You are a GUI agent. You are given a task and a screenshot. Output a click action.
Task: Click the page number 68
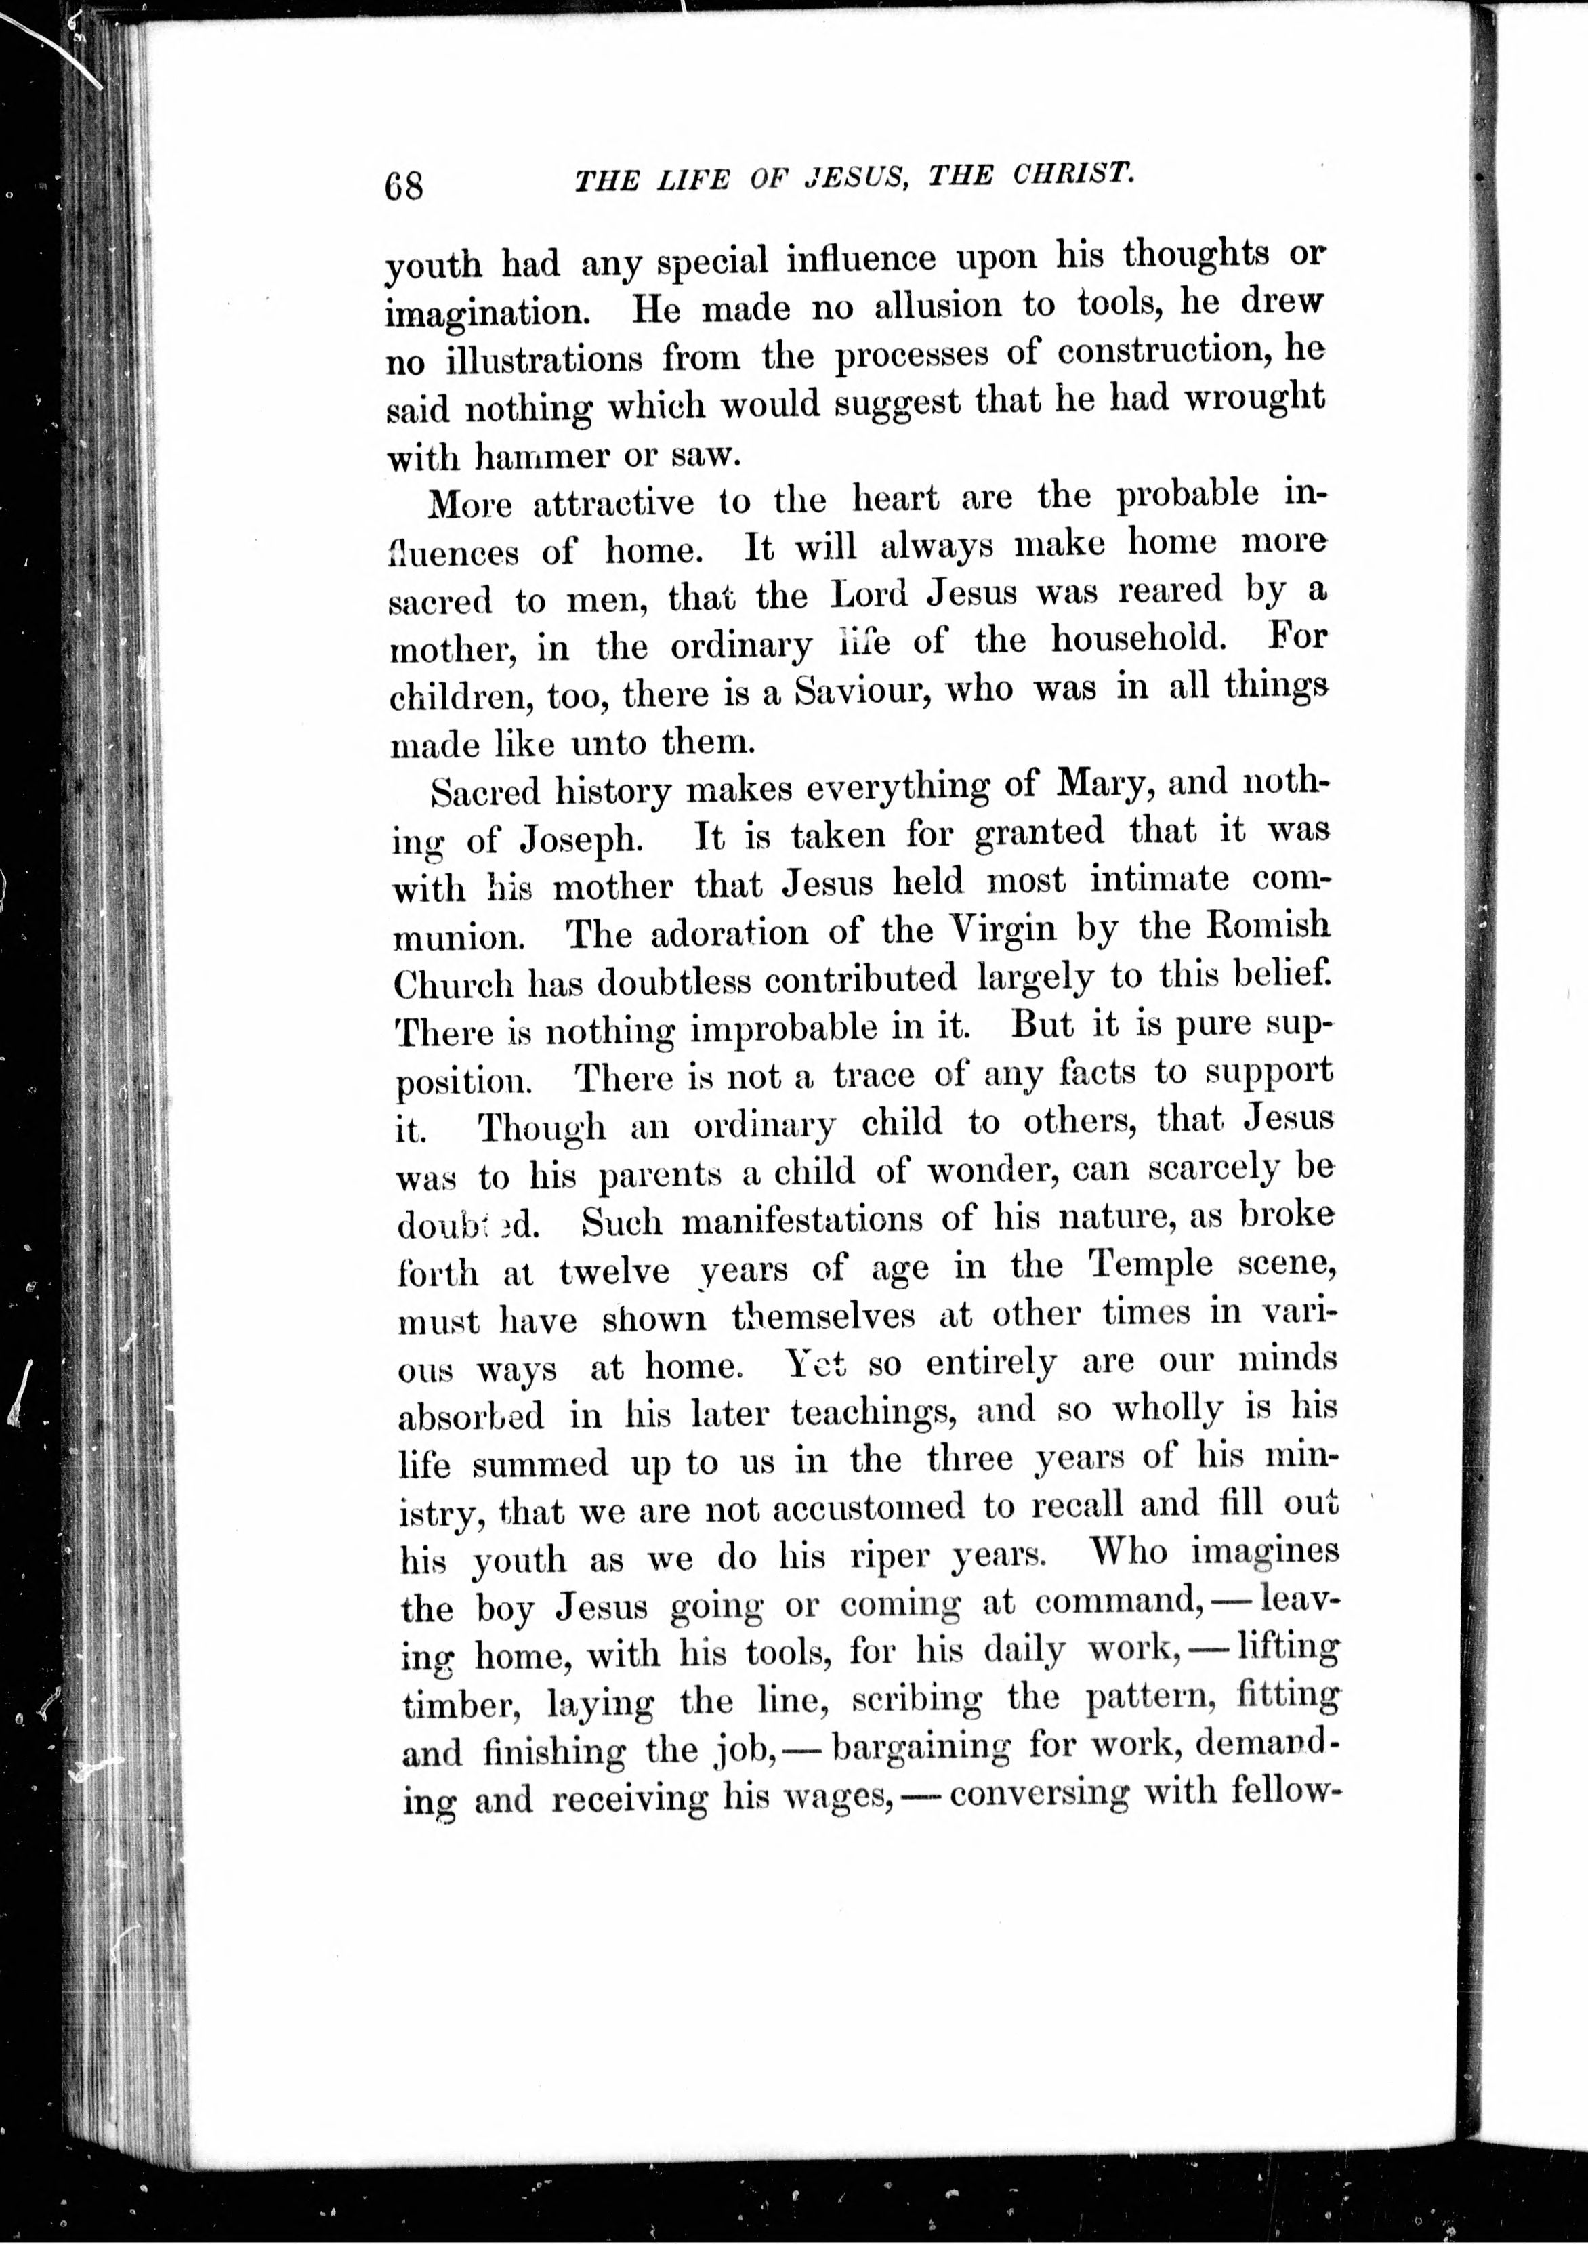tap(404, 184)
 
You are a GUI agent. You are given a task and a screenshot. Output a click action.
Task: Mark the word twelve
tap(614, 1271)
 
